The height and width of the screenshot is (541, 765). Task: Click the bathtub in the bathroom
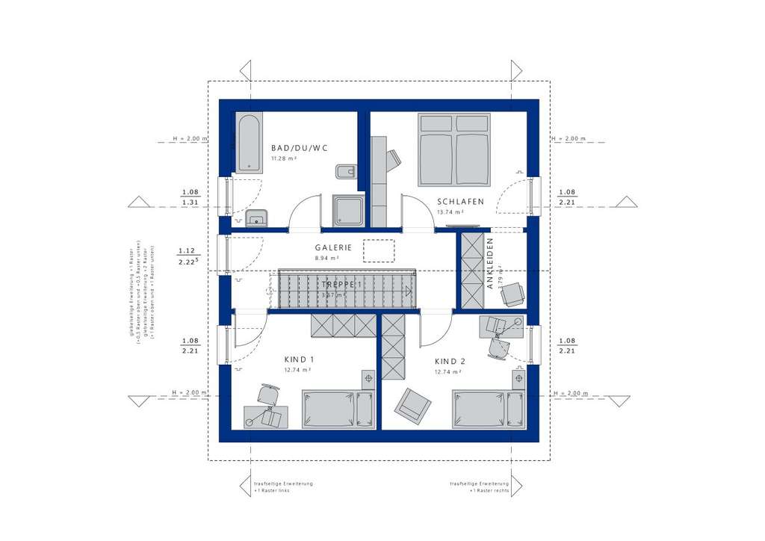point(247,141)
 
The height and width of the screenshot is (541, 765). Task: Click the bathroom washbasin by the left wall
point(255,218)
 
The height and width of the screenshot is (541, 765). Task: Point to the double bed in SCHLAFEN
point(454,149)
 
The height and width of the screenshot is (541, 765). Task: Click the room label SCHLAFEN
point(461,202)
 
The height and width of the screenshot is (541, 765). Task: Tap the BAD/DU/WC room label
point(300,148)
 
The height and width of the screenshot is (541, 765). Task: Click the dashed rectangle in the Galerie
point(379,250)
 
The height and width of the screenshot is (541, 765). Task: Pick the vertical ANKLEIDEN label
point(490,263)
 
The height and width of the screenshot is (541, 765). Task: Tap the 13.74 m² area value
point(450,212)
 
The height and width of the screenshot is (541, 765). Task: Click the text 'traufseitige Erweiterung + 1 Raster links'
point(283,487)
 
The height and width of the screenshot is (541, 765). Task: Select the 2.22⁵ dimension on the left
point(187,262)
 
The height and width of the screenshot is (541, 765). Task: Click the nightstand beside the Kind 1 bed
point(367,379)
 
